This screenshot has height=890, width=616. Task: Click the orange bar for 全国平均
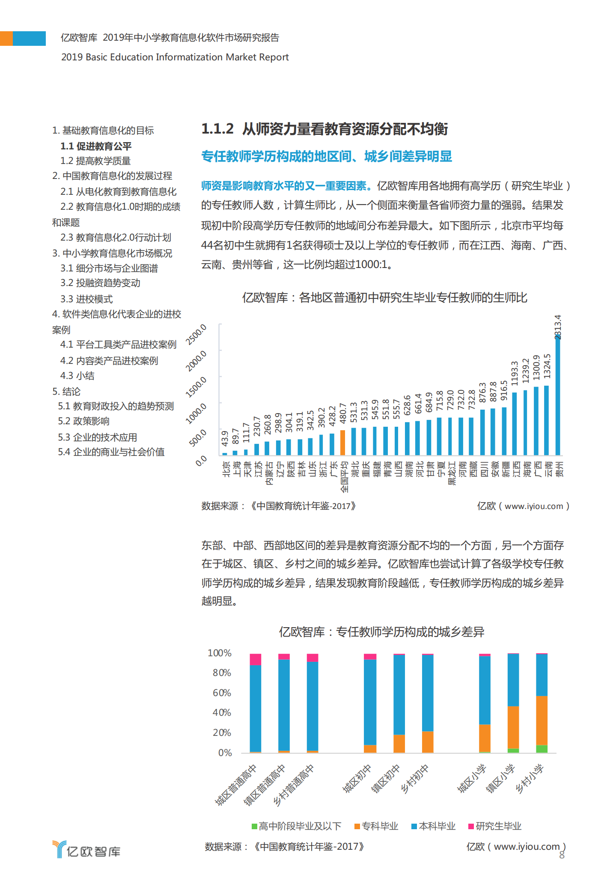click(342, 442)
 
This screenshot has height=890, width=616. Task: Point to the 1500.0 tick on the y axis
click(196, 387)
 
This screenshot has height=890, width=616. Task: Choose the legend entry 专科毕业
click(376, 826)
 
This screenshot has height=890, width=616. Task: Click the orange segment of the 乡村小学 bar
click(542, 720)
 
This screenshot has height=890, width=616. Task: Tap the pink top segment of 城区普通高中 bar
click(256, 659)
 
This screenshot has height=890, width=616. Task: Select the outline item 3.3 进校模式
click(86, 299)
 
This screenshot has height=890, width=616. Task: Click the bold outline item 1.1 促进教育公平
click(96, 146)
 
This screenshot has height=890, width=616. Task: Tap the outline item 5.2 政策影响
click(83, 421)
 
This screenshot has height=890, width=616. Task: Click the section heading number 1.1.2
click(217, 128)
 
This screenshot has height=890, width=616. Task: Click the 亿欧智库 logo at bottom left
click(87, 849)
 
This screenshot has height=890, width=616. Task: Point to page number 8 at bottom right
click(562, 855)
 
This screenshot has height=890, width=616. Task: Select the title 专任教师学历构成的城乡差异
click(381, 632)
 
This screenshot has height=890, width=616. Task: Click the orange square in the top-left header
click(6, 38)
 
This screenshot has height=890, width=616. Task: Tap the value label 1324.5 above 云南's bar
click(547, 366)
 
